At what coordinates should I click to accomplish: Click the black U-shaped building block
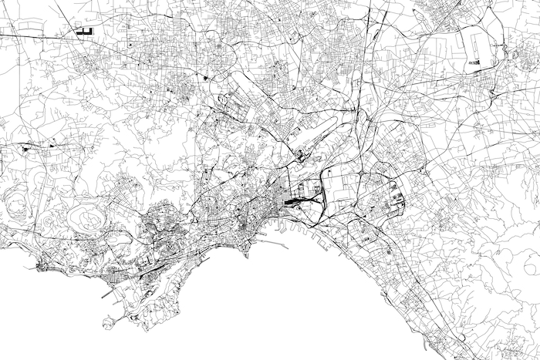point(83,32)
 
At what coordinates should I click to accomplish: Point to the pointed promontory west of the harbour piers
point(247,254)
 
